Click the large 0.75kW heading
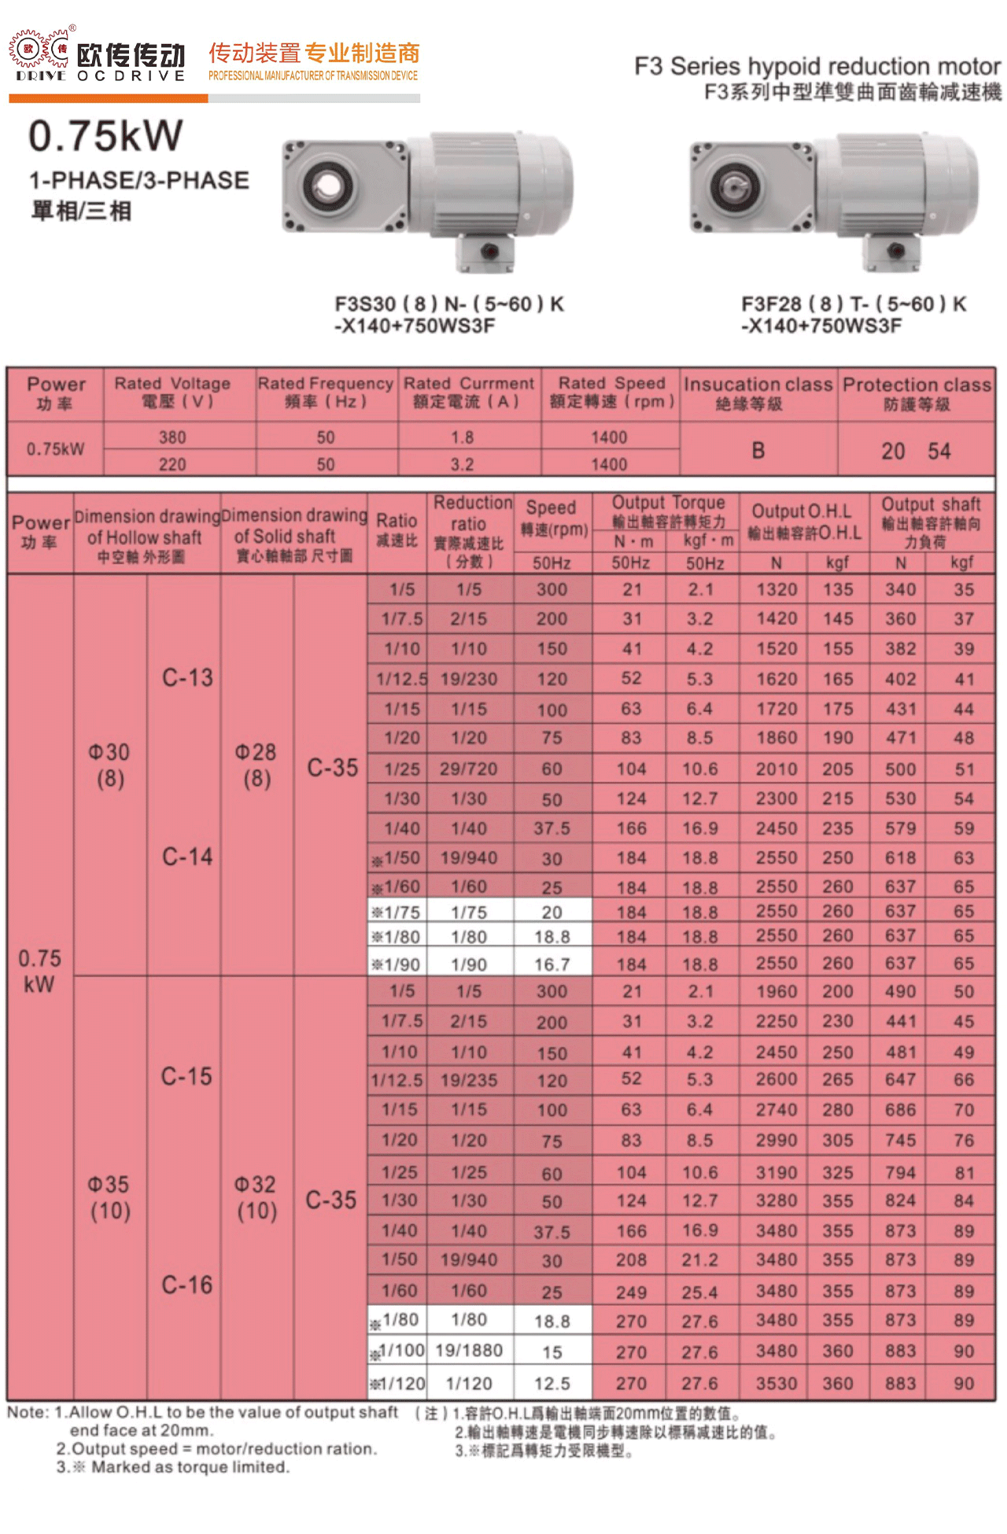[x=105, y=135]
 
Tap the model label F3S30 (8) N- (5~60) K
[x=449, y=304]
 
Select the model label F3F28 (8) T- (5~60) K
[x=854, y=304]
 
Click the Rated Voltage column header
[x=172, y=392]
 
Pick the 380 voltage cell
[x=172, y=437]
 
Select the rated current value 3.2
[x=462, y=464]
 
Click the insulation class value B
[x=758, y=451]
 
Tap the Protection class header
[x=917, y=393]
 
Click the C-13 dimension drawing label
[x=187, y=678]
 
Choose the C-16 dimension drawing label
[x=187, y=1285]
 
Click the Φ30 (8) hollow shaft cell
[x=109, y=765]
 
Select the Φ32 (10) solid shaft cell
[x=256, y=1197]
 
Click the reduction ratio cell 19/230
[x=469, y=679]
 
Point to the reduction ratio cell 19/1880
[x=469, y=1351]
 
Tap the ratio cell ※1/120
[x=398, y=1383]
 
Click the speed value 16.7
[x=551, y=964]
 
